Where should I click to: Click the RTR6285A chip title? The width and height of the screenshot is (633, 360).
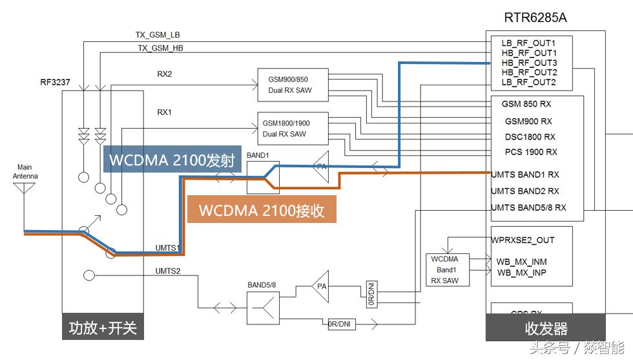535,18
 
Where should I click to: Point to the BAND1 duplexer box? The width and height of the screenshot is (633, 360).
263,177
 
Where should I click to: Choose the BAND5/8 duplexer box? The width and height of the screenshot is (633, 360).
262,308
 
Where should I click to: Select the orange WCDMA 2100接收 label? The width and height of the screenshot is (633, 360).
261,211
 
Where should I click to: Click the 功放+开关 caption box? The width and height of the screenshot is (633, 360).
103,328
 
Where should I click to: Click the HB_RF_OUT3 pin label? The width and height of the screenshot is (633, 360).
529,63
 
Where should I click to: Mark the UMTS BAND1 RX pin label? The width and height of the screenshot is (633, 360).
525,175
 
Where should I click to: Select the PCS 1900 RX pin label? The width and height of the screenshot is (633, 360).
530,152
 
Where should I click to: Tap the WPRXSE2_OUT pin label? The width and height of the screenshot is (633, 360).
523,240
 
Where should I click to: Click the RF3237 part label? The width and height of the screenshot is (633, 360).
55,83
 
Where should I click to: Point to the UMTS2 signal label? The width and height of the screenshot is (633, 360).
168,270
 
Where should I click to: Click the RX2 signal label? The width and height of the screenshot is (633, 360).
165,74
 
